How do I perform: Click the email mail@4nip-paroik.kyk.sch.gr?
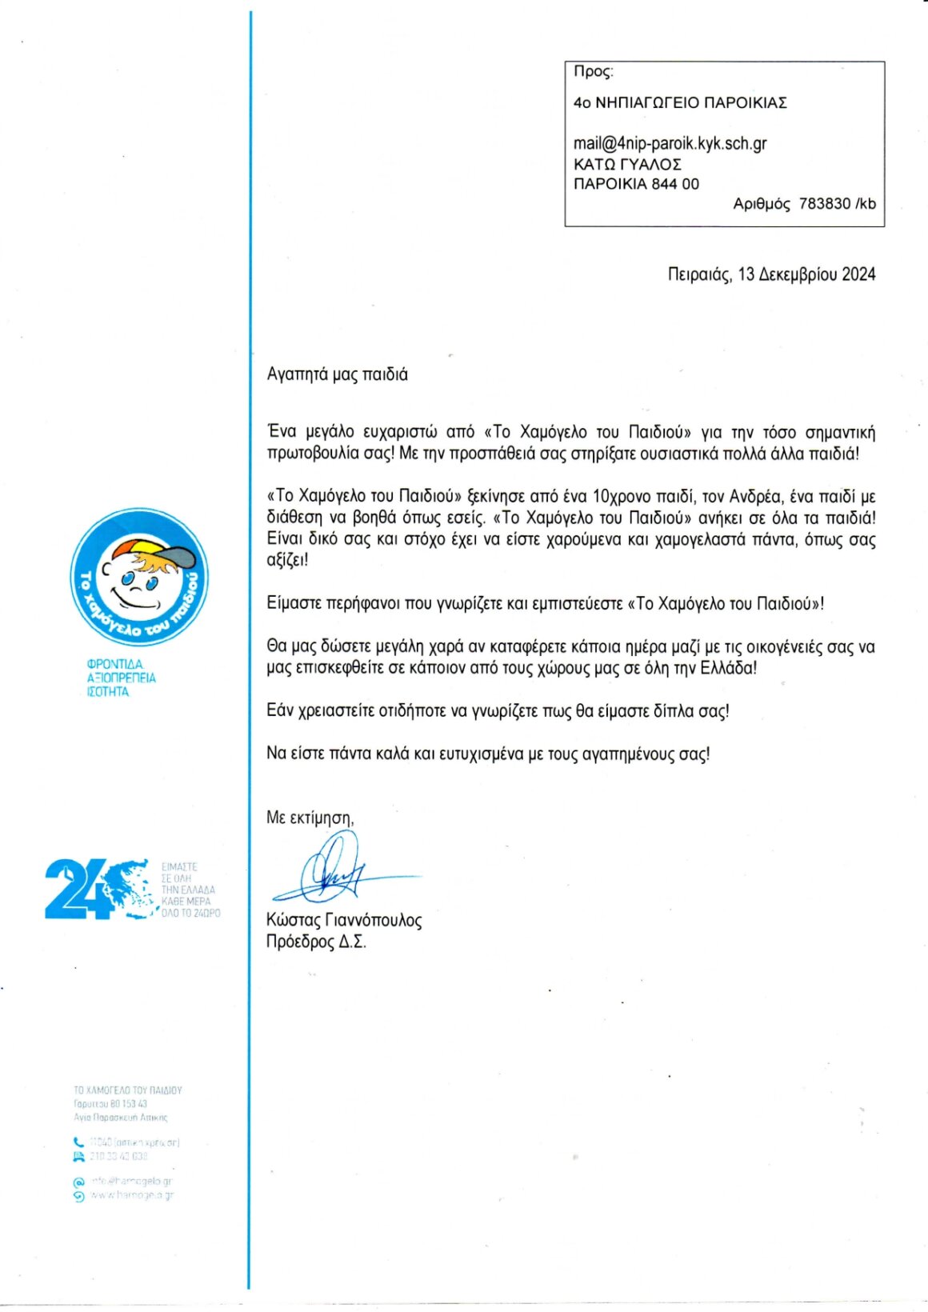tap(670, 144)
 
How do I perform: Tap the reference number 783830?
tap(825, 204)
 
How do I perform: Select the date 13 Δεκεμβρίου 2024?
tap(806, 274)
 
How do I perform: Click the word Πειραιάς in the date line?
tap(699, 275)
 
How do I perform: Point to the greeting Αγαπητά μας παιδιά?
tap(337, 374)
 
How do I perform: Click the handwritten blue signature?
tap(336, 870)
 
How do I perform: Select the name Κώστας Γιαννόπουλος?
tap(344, 920)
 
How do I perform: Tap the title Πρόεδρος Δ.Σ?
tap(316, 942)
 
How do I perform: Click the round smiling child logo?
tap(139, 577)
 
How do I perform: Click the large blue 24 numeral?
tap(78, 889)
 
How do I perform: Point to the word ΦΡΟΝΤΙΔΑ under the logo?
tap(114, 664)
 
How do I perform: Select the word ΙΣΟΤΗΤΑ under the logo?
tap(107, 692)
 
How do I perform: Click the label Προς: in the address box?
tap(593, 72)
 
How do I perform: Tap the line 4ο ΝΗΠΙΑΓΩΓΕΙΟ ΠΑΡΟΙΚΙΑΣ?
tap(680, 103)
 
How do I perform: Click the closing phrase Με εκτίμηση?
tap(310, 818)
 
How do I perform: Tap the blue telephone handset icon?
tap(78, 1142)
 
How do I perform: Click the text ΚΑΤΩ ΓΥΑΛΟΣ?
tap(627, 165)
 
